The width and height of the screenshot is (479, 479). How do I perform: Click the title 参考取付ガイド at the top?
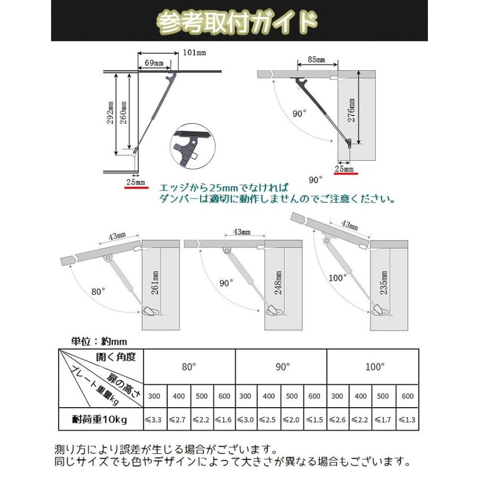(238, 22)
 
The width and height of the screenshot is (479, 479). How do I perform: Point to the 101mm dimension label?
(194, 53)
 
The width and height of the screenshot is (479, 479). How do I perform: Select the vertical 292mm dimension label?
(111, 112)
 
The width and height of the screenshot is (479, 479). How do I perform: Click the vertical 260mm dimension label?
(123, 112)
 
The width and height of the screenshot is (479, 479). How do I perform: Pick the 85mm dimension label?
(316, 60)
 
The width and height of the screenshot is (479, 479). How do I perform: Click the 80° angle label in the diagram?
(98, 292)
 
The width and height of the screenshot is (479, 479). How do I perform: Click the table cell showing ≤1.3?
(407, 420)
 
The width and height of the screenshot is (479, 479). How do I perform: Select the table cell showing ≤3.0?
(246, 420)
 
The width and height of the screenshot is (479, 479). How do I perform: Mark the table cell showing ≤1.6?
(224, 420)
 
